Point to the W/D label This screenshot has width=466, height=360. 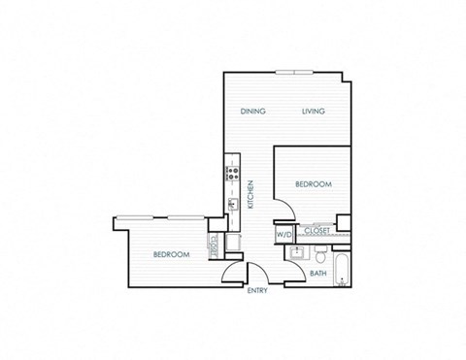pos(283,234)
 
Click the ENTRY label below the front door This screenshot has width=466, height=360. pos(257,290)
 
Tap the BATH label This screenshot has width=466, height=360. pos(317,274)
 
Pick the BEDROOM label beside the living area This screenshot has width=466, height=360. pos(314,183)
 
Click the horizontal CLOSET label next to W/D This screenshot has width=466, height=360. pos(316,231)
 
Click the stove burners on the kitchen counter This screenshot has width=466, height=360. pos(233,175)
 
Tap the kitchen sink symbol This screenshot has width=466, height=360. pos(233,204)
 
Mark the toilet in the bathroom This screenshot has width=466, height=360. pos(319,253)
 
